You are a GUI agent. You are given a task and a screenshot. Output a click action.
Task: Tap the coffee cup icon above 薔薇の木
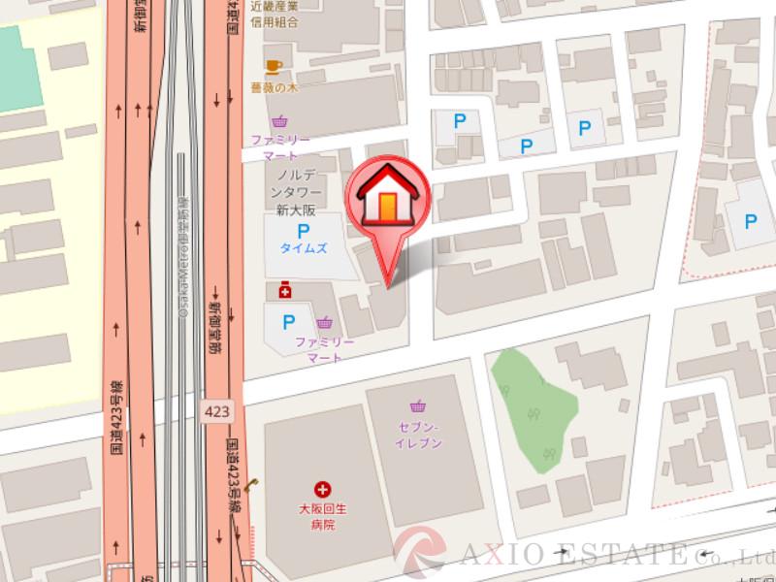(274, 66)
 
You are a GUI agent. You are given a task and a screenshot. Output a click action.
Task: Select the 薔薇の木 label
(273, 86)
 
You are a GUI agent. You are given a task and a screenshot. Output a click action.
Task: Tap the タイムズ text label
(304, 248)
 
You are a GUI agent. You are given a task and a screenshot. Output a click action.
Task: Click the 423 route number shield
(218, 411)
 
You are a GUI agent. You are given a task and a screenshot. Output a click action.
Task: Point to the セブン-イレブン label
(418, 435)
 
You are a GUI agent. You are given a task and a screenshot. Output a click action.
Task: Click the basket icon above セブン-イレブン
(418, 405)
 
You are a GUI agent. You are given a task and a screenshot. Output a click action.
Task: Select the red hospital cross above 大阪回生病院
(322, 491)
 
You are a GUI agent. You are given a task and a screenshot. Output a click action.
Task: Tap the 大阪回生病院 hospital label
(322, 516)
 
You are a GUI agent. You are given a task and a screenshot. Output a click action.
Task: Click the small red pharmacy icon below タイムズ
(285, 290)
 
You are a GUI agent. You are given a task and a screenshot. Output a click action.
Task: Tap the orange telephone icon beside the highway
(250, 487)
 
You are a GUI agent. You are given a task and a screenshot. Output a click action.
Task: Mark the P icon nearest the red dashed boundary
(751, 221)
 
